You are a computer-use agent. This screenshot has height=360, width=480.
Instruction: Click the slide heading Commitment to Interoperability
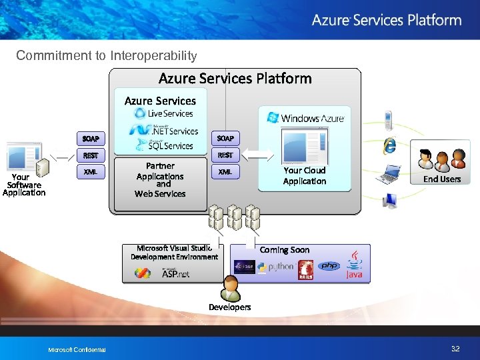(106, 56)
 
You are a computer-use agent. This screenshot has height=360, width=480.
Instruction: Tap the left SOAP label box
(91, 139)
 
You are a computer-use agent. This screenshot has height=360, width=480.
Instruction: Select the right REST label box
(225, 155)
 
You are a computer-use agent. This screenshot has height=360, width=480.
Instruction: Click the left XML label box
(91, 172)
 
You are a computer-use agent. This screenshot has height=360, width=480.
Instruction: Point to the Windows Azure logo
(305, 118)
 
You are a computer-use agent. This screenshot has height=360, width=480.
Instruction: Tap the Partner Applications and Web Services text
(160, 179)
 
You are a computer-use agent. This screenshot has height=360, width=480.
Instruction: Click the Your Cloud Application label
(304, 176)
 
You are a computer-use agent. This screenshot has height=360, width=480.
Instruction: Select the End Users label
(442, 179)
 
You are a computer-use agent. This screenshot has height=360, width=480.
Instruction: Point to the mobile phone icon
(387, 120)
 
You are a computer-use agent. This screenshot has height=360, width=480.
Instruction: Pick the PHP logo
(328, 266)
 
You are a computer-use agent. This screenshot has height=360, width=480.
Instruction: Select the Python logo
(275, 267)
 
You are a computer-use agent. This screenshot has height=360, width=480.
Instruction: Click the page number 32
(455, 349)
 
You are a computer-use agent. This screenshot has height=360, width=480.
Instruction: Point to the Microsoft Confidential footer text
(77, 350)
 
